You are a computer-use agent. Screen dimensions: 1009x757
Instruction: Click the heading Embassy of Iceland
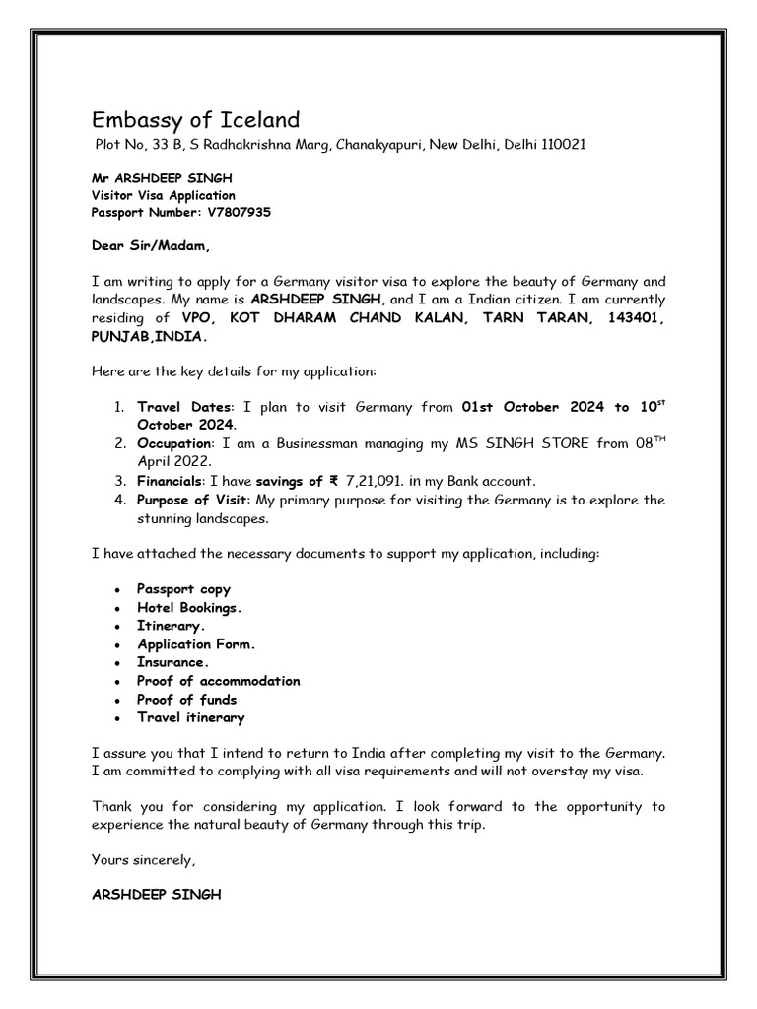[195, 121]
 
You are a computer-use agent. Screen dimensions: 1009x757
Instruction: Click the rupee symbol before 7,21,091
[333, 481]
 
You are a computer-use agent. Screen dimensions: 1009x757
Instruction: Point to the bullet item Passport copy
[183, 589]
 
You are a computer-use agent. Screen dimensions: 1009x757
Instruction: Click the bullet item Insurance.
[172, 663]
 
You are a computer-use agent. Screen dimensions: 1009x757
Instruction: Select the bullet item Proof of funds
[187, 700]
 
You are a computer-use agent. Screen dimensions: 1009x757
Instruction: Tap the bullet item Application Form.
[196, 644]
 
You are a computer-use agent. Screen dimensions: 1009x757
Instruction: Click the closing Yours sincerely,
[144, 860]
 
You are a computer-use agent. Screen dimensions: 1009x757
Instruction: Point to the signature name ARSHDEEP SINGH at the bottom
[157, 895]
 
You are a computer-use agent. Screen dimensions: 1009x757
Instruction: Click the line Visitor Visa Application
[164, 195]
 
